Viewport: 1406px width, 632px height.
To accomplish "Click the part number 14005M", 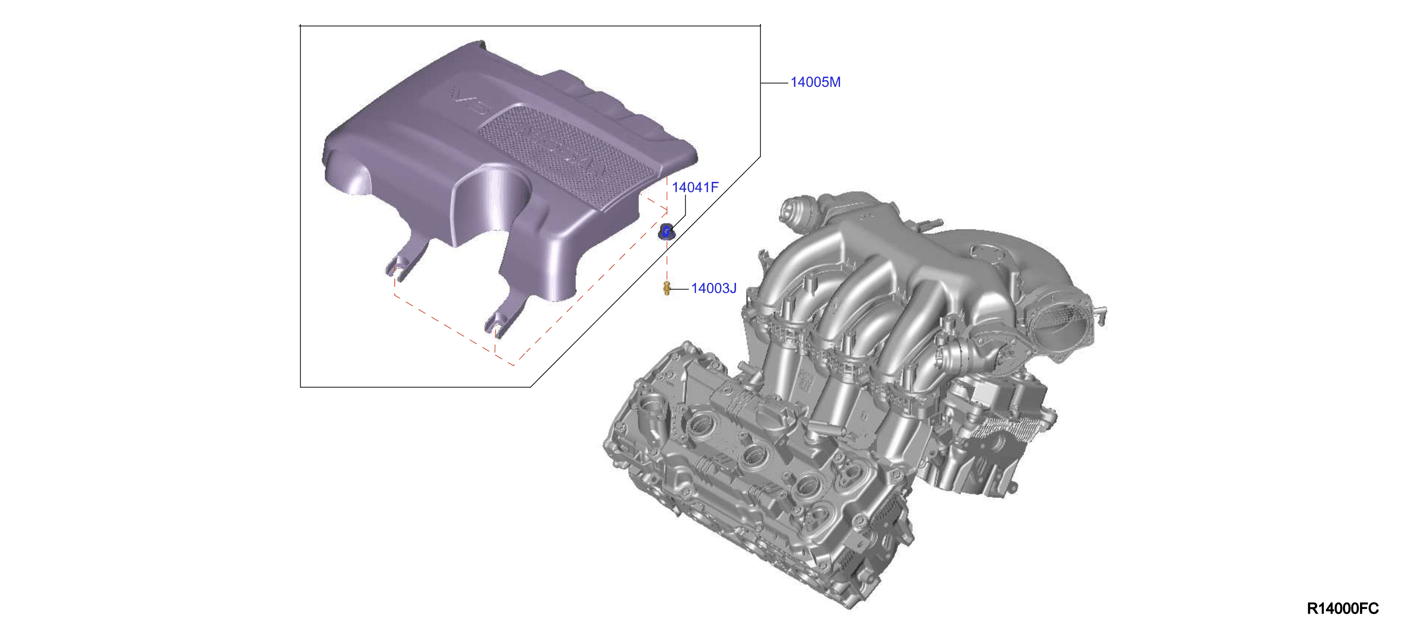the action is [815, 83].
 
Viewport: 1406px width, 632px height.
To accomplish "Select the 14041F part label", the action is [695, 187].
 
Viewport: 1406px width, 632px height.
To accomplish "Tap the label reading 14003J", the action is [713, 288].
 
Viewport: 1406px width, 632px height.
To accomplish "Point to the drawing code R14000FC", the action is [1343, 609].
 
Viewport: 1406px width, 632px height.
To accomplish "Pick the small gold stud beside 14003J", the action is [667, 287].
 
